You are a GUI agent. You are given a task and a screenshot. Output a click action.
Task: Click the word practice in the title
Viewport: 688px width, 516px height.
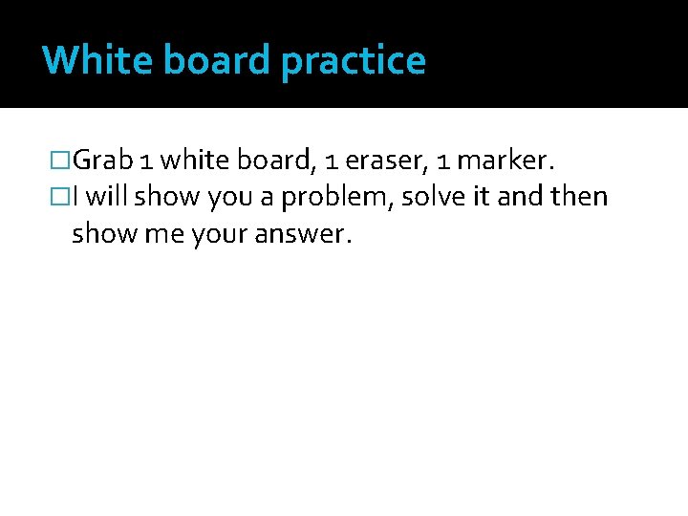354,61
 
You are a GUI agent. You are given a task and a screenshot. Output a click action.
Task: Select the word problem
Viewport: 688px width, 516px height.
339,198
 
